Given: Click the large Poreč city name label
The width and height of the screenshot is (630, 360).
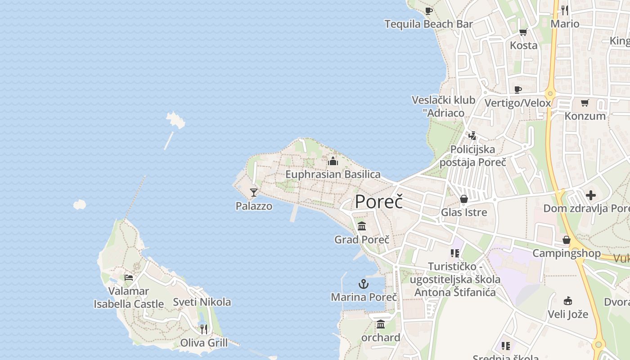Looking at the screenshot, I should pos(378,202).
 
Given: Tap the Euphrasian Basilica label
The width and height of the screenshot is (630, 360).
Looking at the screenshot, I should pos(333,174).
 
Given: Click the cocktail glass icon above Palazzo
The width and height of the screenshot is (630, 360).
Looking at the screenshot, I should pos(254,193).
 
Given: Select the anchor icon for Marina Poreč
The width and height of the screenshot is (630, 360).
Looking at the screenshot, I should pos(363,284).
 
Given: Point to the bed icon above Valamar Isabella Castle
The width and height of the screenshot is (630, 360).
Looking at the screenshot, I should pos(129,278).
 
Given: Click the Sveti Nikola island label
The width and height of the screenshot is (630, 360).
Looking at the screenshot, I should pos(202,302).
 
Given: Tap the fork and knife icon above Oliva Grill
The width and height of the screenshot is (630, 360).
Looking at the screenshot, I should pos(204,329).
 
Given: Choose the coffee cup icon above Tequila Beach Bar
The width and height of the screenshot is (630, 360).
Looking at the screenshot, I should pos(428,11).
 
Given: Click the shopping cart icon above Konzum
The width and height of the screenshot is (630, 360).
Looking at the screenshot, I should pos(585,103).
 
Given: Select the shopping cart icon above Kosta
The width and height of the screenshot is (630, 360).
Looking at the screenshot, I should pos(523,32).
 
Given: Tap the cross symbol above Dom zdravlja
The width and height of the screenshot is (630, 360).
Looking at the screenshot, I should pos(591,195).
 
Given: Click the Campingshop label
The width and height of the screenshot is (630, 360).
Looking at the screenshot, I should pos(567,253).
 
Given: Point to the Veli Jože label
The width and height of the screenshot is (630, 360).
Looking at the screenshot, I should pos(568,314).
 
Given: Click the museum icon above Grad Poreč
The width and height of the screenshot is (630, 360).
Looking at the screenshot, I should pos(362,226).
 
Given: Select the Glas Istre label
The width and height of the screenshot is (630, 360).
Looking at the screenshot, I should pos(464,212).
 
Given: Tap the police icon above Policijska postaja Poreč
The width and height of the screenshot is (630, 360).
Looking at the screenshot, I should pos(472,135).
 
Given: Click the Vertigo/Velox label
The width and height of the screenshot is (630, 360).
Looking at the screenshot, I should pos(517,103).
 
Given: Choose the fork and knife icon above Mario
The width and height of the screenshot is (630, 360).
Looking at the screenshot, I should pos(565,10).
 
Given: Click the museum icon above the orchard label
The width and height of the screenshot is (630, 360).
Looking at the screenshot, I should pos(381,324).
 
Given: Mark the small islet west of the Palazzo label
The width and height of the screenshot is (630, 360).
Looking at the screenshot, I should pos(80,205).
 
